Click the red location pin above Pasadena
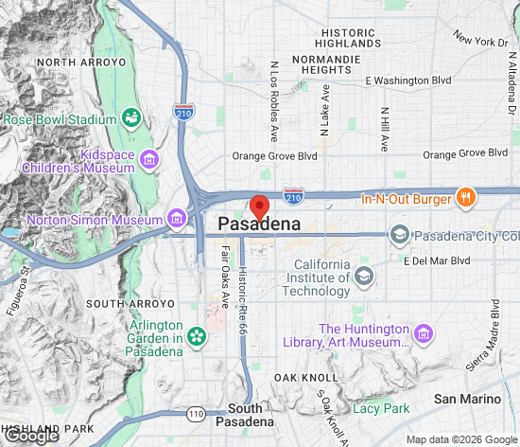pyautogui.click(x=259, y=206)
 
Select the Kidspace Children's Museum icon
pyautogui.click(x=148, y=161)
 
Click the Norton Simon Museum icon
pyautogui.click(x=177, y=221)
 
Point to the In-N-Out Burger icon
pyautogui.click(x=464, y=199)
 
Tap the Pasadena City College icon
pyautogui.click(x=400, y=235)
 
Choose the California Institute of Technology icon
pyautogui.click(x=363, y=277)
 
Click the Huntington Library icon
pyautogui.click(x=424, y=334)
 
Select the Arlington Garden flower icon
pyautogui.click(x=197, y=336)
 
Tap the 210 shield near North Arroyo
pyautogui.click(x=183, y=113)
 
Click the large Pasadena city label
pyautogui.click(x=259, y=225)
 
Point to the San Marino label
pyautogui.click(x=465, y=400)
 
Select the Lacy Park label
pyautogui.click(x=381, y=408)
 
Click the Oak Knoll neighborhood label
pyautogui.click(x=300, y=377)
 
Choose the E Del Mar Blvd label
pyautogui.click(x=437, y=260)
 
